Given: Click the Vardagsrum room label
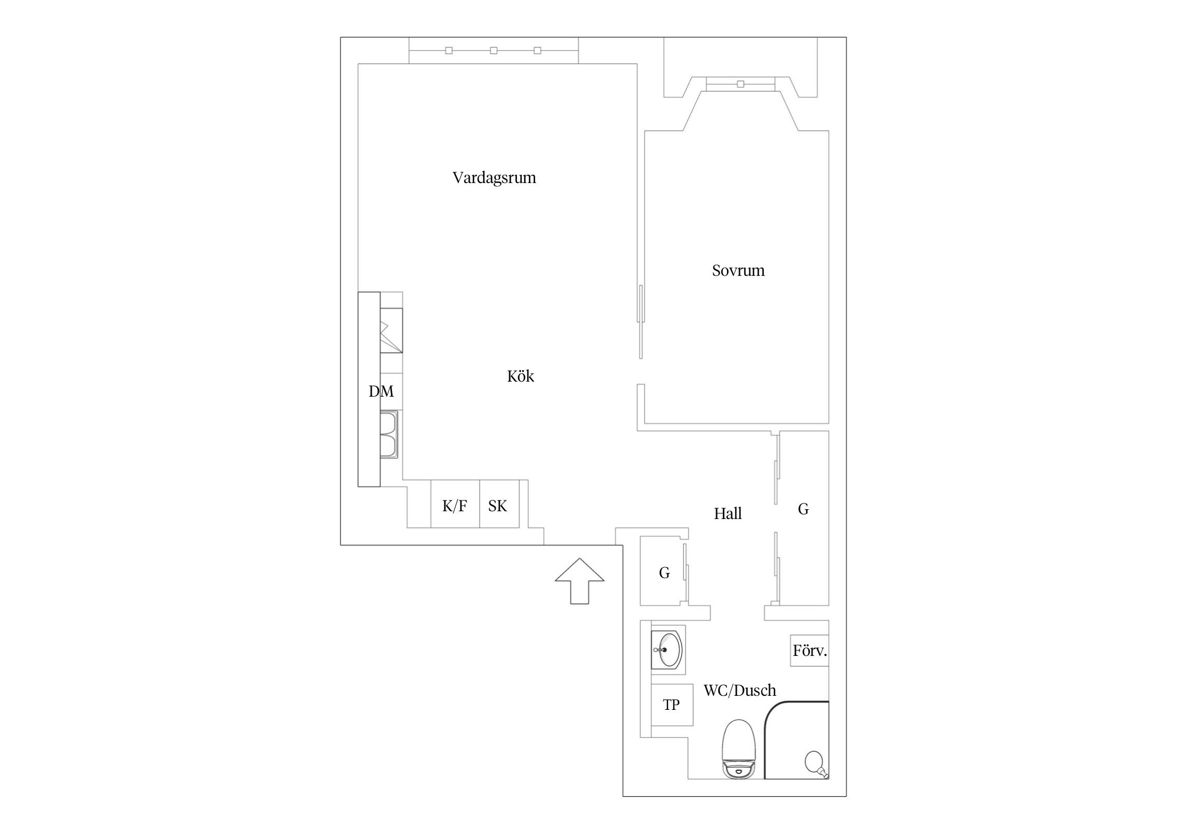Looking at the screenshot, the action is (494, 178).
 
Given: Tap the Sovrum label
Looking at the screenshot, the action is (738, 270).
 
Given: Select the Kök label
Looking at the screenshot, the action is (520, 376).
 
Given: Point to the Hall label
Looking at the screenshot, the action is (727, 513).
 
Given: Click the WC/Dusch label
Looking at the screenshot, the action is (739, 690).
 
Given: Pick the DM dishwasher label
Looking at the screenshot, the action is (381, 391).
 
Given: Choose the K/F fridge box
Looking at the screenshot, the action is (455, 504).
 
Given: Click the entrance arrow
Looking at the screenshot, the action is (579, 581).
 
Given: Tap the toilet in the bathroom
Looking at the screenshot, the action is (739, 755).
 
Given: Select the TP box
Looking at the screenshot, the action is (672, 705).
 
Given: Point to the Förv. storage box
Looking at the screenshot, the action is (809, 651).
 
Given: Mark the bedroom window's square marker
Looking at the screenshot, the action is (740, 84).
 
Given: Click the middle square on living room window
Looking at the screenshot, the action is (494, 50).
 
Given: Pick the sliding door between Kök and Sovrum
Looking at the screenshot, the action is (641, 321).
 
